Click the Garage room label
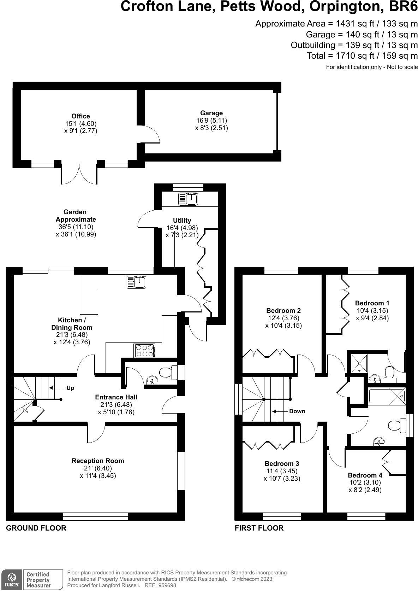[211, 113]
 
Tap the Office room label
[80, 116]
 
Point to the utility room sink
[189, 199]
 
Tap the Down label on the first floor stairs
[297, 411]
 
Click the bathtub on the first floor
[387, 397]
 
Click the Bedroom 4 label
[365, 475]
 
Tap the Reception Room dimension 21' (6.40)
[98, 468]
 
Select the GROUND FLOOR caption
[36, 528]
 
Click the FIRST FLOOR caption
[259, 528]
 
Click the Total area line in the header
[362, 55]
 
